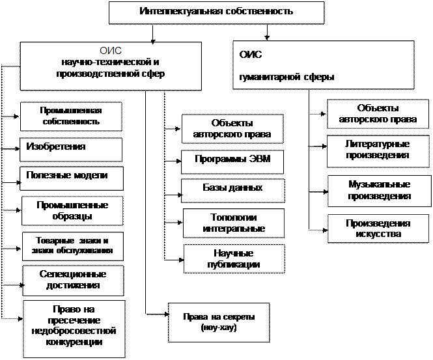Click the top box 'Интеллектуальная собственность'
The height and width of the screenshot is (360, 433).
pos(216,13)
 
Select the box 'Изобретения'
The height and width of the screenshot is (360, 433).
pos(71,150)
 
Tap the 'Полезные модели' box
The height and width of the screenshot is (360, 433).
pos(72,178)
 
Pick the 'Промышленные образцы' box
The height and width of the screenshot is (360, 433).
pos(72,211)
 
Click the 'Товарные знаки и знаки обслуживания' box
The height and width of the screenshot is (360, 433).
pos(73,246)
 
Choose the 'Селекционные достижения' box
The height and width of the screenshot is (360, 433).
pos(73,281)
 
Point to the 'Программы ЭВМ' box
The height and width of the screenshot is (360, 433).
pos(232,162)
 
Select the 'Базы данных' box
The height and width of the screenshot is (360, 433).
pos(233,191)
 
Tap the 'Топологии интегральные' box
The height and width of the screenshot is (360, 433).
pos(234,223)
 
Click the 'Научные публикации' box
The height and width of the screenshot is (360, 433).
pos(234,258)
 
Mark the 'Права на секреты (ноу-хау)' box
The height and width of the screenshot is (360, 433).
pos(219,323)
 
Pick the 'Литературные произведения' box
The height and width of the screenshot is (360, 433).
pos(378,151)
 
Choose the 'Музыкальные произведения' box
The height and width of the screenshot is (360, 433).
pos(380,191)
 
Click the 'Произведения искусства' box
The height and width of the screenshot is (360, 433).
pos(378,229)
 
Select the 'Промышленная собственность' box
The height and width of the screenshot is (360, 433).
pos(71,117)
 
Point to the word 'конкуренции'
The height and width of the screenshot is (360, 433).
pos(74,342)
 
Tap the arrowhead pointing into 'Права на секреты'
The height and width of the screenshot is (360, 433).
pos(167,314)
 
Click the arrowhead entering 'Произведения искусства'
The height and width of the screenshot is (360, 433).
pos(326,230)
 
